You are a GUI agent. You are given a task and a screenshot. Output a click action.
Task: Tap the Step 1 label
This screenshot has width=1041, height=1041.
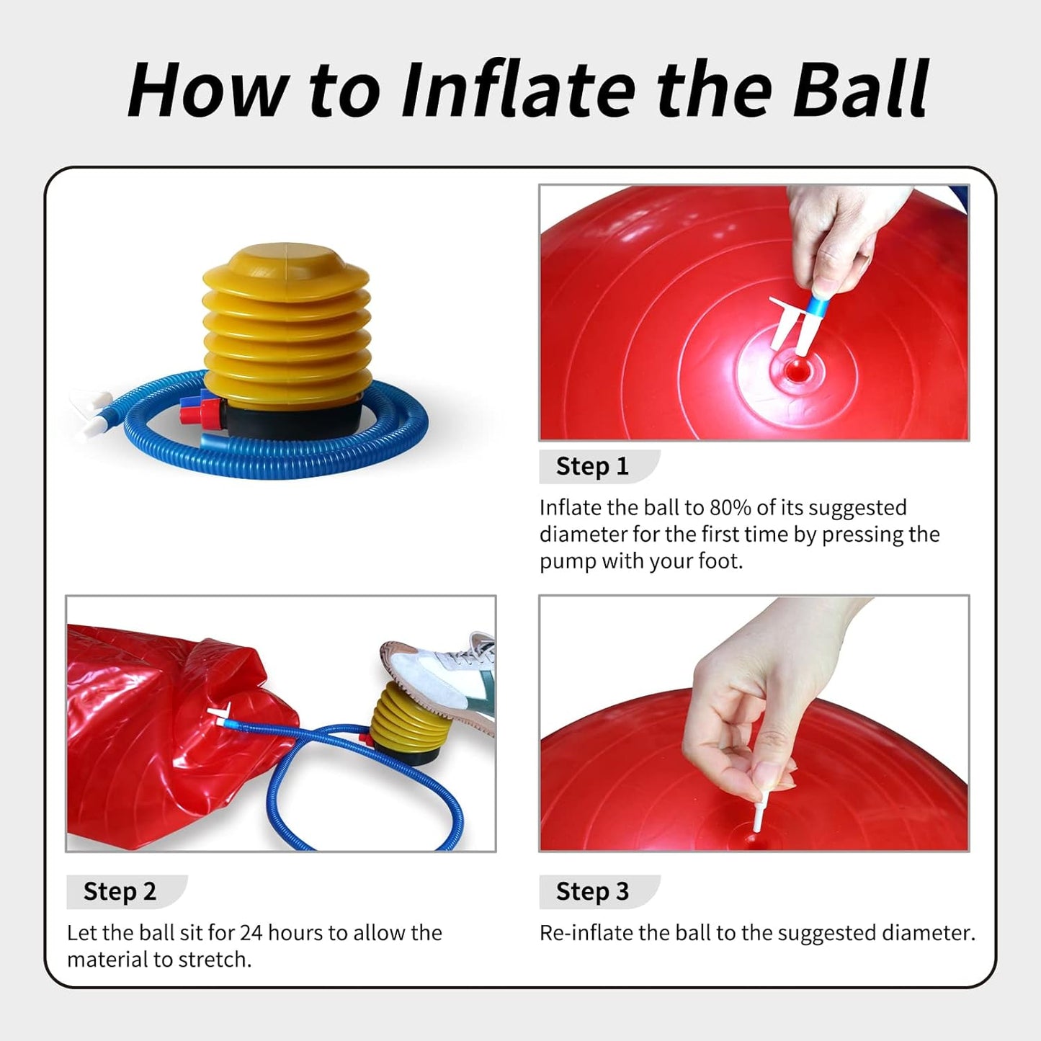tap(592, 466)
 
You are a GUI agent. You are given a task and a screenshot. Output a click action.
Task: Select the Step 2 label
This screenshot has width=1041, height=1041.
tap(120, 891)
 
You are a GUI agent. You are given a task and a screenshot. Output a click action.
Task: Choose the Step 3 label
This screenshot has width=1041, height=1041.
tap(592, 891)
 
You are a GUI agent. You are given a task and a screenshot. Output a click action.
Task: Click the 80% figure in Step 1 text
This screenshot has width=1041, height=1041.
tap(731, 508)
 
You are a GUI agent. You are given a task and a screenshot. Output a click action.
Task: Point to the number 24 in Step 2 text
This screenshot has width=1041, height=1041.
tap(251, 933)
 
